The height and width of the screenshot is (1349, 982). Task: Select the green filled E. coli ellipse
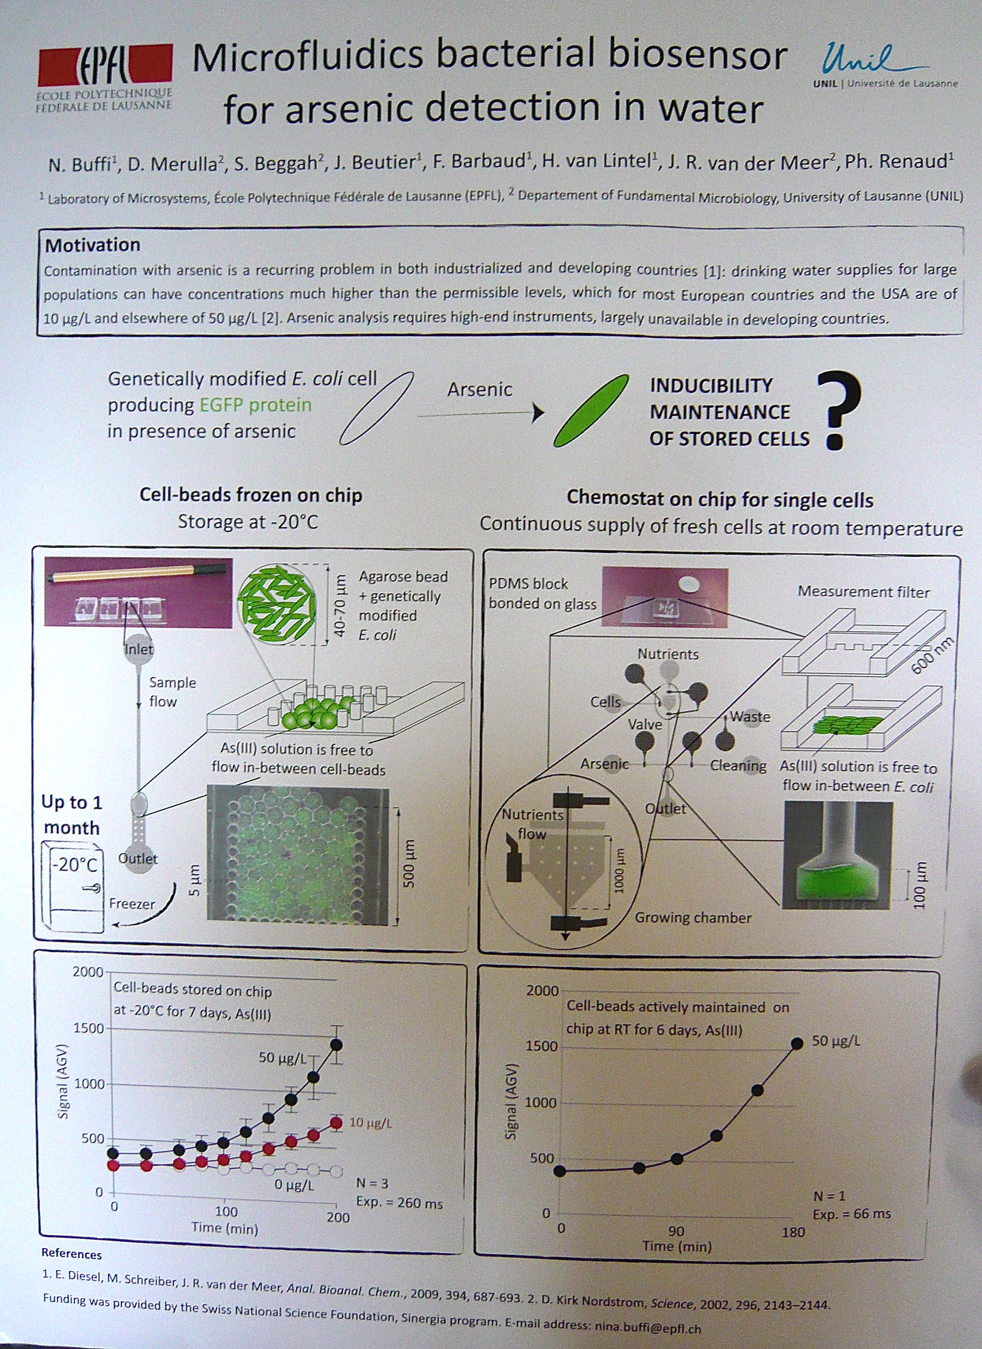[x=591, y=410]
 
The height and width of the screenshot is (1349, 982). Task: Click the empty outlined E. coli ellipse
[x=376, y=408]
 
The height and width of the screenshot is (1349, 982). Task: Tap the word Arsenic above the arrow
[x=479, y=390]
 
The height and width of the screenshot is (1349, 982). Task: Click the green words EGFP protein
[x=255, y=405]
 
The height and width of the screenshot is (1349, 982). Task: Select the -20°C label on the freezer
[x=74, y=864]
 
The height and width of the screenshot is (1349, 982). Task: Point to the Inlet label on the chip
[x=139, y=649]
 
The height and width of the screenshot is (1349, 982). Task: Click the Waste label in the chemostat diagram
[x=749, y=716]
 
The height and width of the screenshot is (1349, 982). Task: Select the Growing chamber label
[x=693, y=917]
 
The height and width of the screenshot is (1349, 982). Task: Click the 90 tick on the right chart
[x=676, y=1232]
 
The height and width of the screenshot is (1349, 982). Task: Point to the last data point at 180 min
[x=798, y=1043]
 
